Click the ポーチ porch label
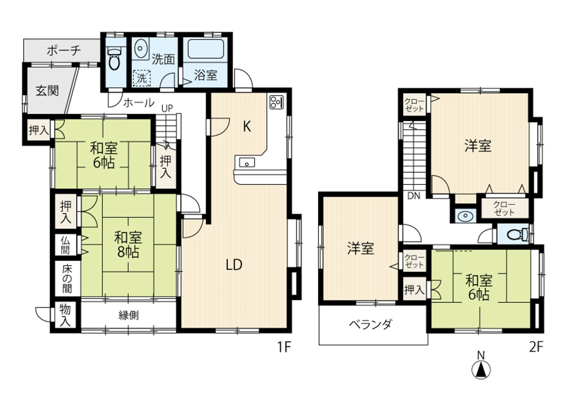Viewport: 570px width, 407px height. click(64, 50)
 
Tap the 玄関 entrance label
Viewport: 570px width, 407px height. click(47, 91)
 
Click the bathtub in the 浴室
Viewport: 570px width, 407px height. click(205, 49)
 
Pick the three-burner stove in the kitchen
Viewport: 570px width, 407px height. click(277, 102)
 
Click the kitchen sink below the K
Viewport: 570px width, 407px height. click(247, 162)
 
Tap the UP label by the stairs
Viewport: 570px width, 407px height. click(167, 108)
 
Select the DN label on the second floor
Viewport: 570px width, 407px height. click(414, 196)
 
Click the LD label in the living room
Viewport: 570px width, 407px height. click(234, 265)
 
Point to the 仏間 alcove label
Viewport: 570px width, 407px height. click(65, 245)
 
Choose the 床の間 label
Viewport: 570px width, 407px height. click(67, 279)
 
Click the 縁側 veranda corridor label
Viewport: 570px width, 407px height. click(129, 315)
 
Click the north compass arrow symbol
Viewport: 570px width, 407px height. click(481, 369)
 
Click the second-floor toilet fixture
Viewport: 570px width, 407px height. click(517, 234)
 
